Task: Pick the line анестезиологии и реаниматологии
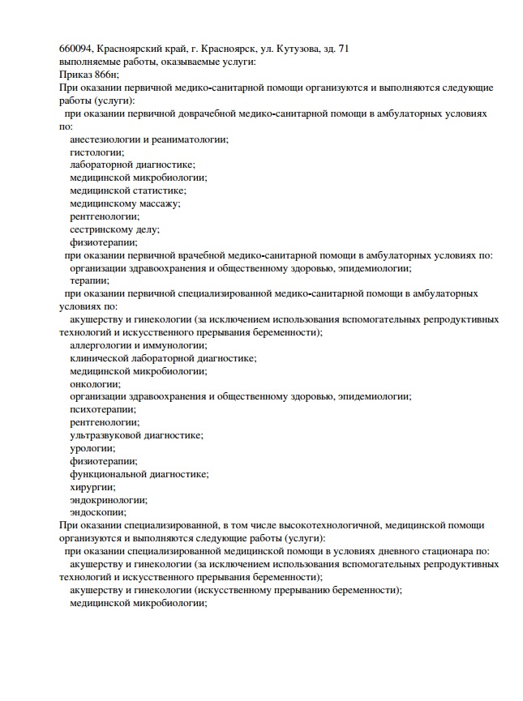coord(149,139)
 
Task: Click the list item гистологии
coord(96,152)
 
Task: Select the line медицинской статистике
coord(128,190)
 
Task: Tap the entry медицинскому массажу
coord(125,203)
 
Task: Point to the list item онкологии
coord(95,383)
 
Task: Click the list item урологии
coord(92,448)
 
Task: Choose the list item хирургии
coord(92,487)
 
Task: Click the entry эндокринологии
coord(109,500)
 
